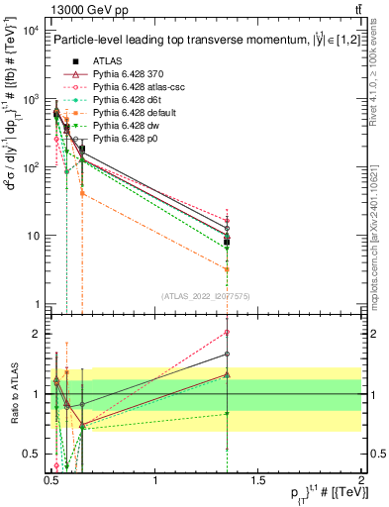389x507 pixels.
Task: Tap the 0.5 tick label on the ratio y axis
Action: (32, 455)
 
